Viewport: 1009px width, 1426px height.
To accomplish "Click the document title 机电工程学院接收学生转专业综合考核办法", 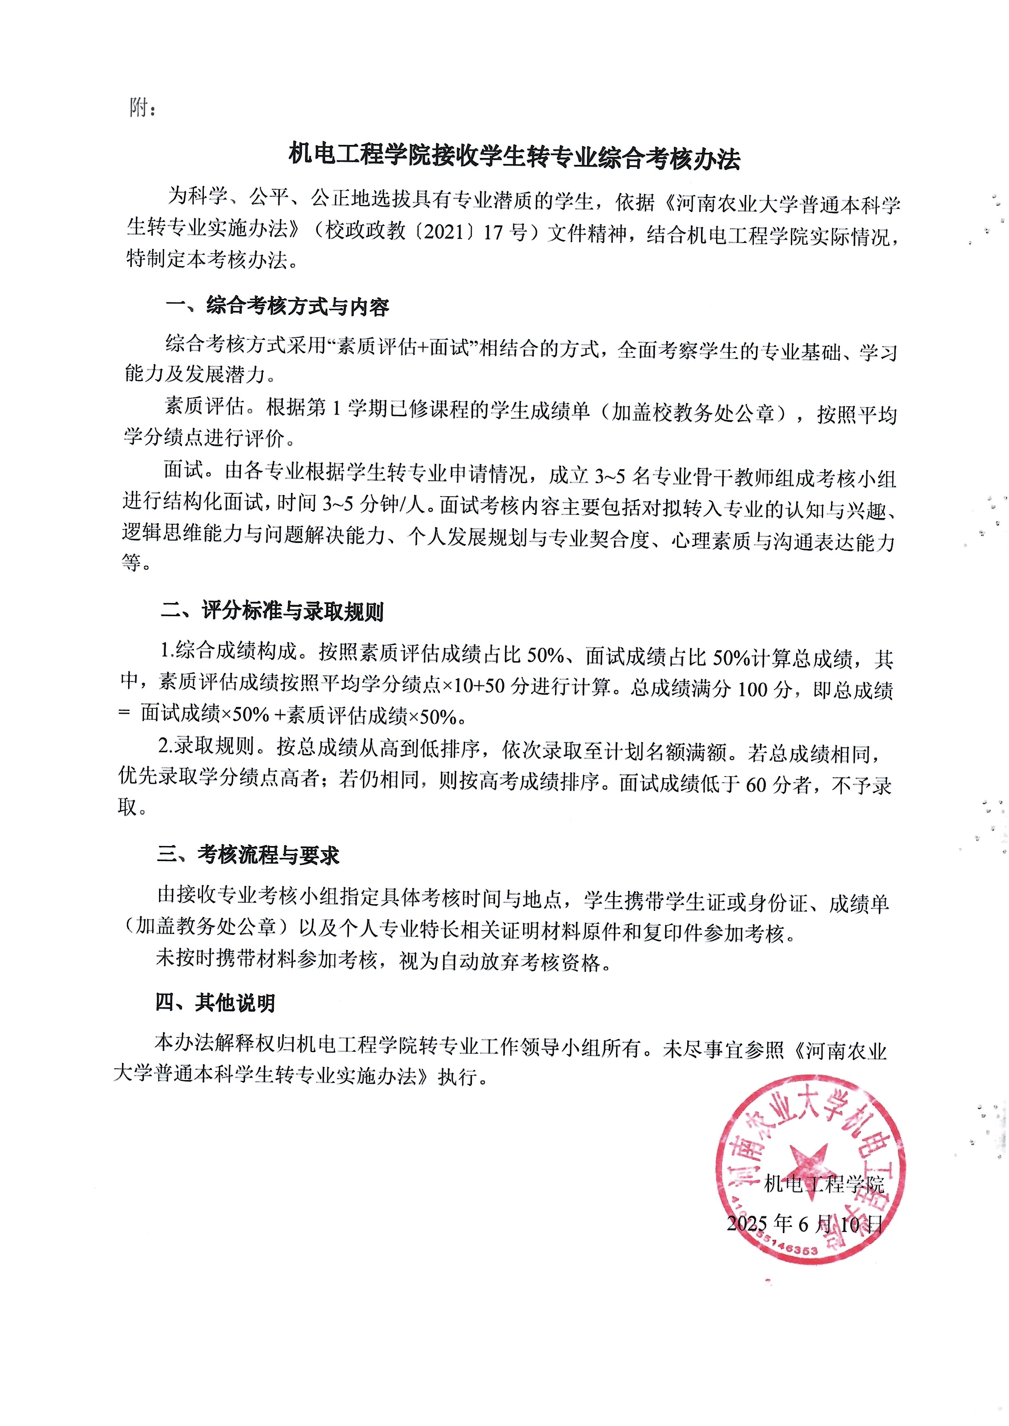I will (514, 157).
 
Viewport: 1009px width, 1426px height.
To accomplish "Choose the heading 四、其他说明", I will (215, 1003).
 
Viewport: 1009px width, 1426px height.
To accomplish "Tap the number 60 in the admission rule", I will (756, 785).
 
